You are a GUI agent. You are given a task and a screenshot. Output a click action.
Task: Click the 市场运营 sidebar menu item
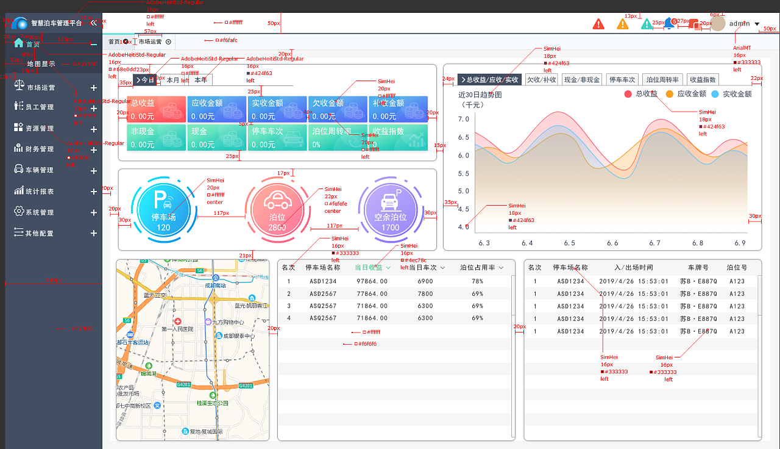[x=41, y=88]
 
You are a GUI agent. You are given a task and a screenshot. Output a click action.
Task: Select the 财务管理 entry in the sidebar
[x=40, y=149]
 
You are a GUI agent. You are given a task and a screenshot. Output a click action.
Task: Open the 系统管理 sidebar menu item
[x=40, y=212]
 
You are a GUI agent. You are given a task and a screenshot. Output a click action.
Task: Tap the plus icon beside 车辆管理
[x=94, y=171]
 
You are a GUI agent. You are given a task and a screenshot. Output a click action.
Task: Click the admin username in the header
[x=739, y=24]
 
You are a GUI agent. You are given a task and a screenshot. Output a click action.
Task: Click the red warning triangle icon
[x=598, y=24]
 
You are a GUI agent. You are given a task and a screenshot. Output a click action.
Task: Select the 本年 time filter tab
[x=200, y=80]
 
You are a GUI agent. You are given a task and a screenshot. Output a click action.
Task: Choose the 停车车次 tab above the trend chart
[x=622, y=80]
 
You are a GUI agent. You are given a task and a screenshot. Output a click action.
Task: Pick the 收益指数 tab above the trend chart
[x=703, y=80]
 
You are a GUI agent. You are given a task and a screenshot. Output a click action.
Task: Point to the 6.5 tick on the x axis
[x=569, y=243]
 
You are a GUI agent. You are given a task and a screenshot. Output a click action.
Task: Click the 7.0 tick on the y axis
[x=463, y=120]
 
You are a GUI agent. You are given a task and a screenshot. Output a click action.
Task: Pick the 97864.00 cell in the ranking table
[x=372, y=282]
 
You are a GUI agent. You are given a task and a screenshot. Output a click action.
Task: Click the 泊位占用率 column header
[x=481, y=267]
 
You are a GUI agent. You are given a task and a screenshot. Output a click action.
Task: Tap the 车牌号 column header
[x=698, y=267]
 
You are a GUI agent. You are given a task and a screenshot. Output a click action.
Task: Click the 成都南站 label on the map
[x=214, y=286]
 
